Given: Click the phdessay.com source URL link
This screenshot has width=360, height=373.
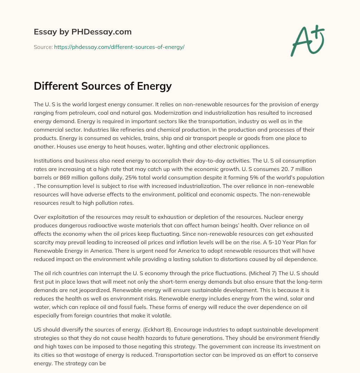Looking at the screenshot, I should (119, 47).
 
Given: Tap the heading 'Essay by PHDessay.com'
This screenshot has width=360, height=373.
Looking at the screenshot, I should (83, 32).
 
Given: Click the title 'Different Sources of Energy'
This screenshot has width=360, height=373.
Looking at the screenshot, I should (103, 86).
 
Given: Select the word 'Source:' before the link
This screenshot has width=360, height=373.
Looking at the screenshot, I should (43, 47).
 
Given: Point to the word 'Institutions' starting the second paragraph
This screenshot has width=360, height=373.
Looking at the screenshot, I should (47, 160).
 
